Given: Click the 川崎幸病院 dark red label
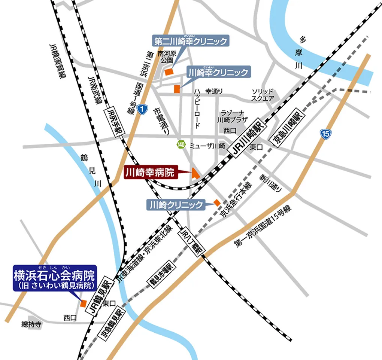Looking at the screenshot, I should (x=150, y=173).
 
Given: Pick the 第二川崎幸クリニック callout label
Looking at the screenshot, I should (x=191, y=40).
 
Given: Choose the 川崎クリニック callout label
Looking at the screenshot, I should (x=175, y=205).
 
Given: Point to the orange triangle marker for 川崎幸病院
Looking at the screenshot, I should (x=195, y=173).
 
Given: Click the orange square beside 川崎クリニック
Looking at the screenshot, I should (x=217, y=202).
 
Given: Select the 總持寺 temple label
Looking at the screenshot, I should (x=31, y=324).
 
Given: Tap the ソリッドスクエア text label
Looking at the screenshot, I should (x=263, y=95).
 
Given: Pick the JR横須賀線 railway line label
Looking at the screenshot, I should (x=57, y=60).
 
